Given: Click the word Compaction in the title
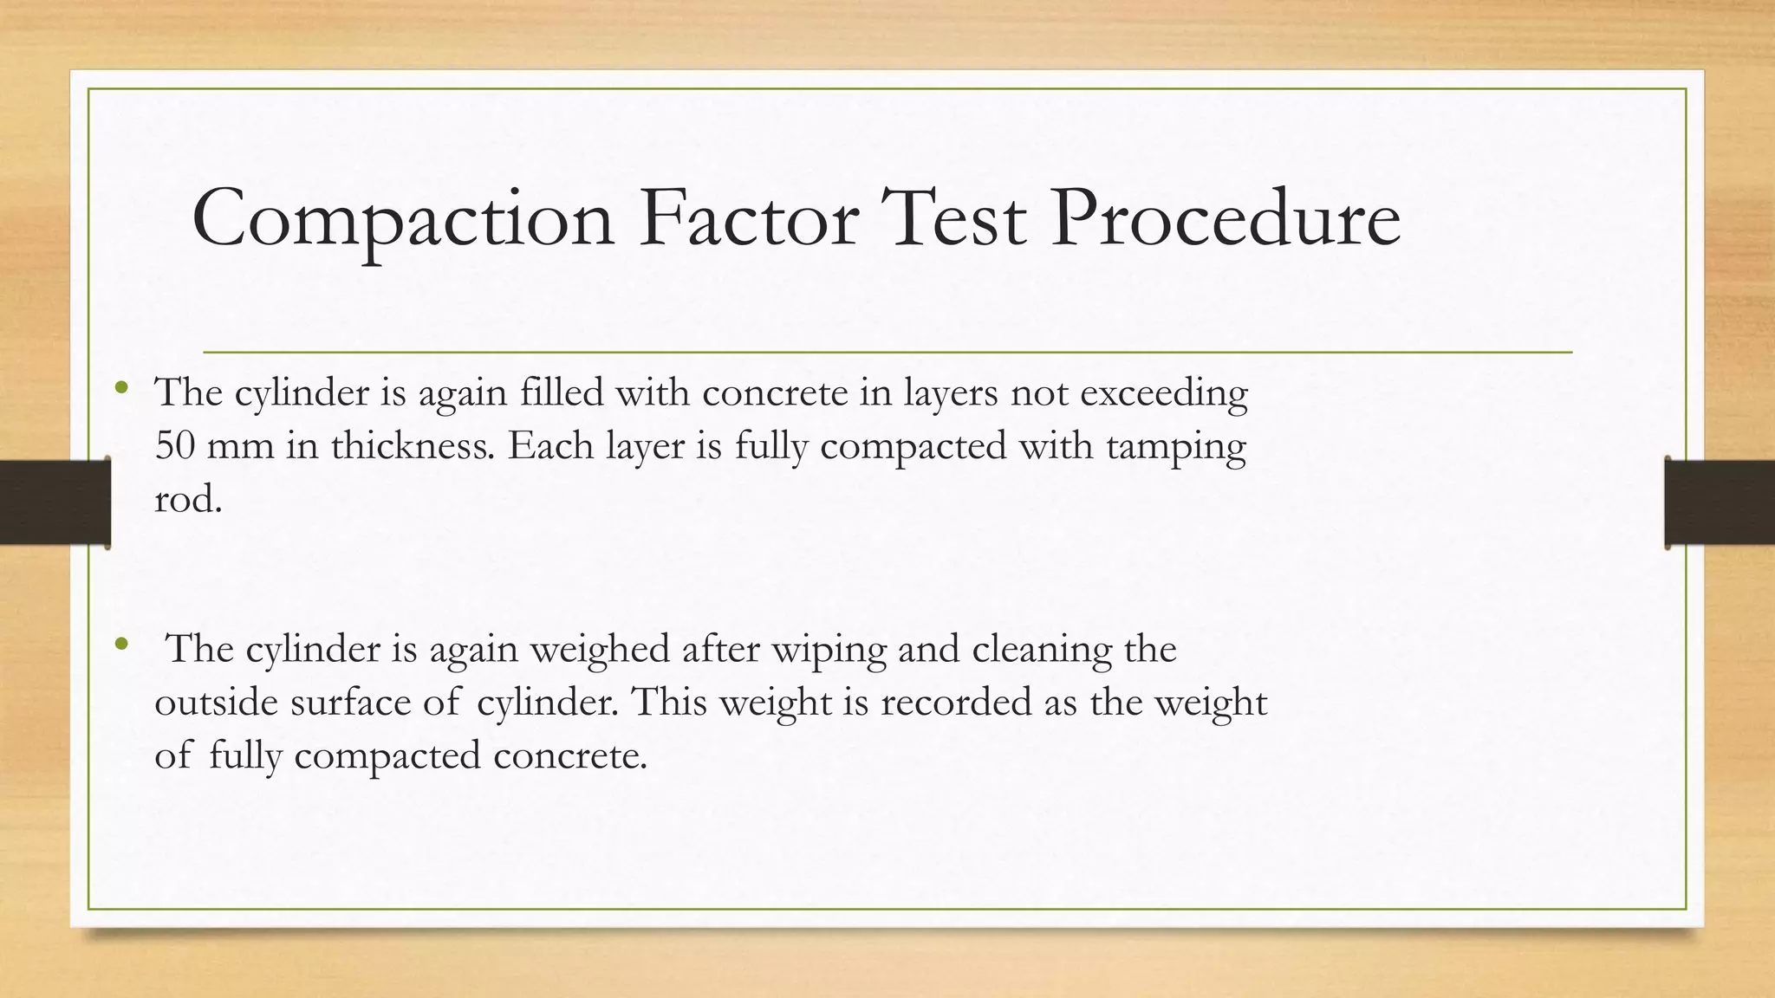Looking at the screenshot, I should point(403,218).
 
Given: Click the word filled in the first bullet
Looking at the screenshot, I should point(562,392).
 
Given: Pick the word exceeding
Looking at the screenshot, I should point(1164,394).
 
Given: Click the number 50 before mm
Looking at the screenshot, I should point(175,446).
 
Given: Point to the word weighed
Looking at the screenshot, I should point(600,650).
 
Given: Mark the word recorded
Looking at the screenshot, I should point(956,702).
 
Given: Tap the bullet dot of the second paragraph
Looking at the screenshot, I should point(121,644).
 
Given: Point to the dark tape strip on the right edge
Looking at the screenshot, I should point(1720,502).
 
